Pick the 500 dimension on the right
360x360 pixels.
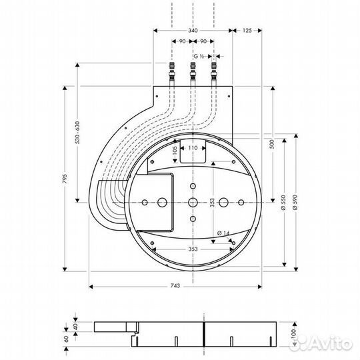(x=271, y=147)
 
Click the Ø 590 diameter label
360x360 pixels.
(x=294, y=204)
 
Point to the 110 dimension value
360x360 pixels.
(x=193, y=147)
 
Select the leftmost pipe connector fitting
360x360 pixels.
(x=171, y=68)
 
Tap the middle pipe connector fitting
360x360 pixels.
(x=193, y=68)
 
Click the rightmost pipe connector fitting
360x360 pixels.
(x=214, y=68)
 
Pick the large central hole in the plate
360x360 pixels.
(x=193, y=201)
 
